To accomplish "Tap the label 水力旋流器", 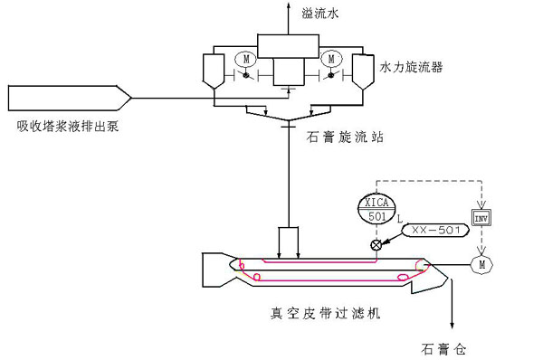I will point(411,67).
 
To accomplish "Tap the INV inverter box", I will point(480,219).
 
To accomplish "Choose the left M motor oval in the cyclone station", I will point(244,59).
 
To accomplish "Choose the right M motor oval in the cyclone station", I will point(330,59).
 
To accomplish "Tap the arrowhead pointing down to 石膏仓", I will point(450,327).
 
